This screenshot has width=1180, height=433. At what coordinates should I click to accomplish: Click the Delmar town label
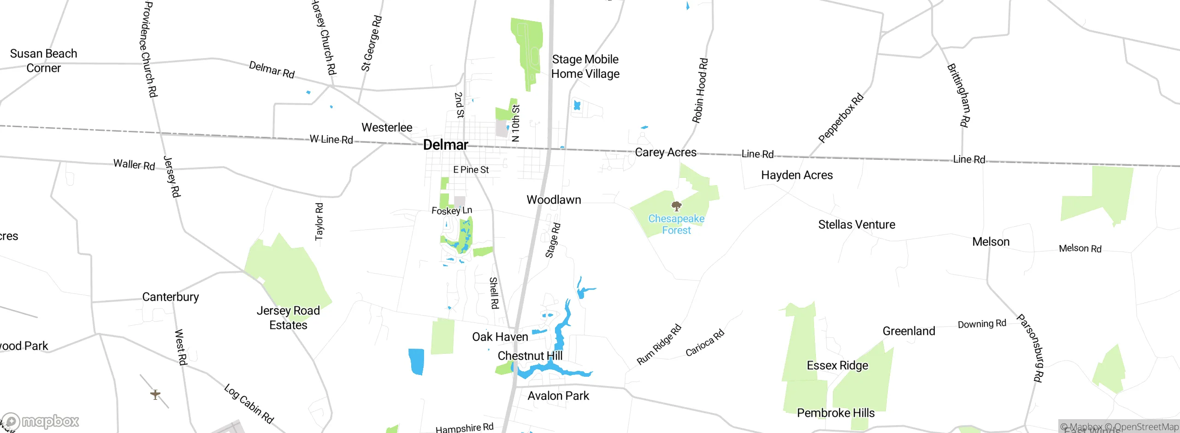pyautogui.click(x=445, y=145)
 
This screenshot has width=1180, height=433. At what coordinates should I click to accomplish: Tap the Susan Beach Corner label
pyautogui.click(x=44, y=61)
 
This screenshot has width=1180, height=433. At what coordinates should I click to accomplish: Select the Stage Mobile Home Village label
pyautogui.click(x=585, y=66)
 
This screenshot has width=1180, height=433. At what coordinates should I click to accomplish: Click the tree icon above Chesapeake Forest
pyautogui.click(x=676, y=206)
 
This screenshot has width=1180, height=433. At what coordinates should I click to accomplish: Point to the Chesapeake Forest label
pyautogui.click(x=676, y=224)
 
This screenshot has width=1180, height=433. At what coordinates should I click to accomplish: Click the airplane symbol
pyautogui.click(x=155, y=394)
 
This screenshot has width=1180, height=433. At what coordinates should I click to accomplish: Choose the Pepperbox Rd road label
pyautogui.click(x=840, y=118)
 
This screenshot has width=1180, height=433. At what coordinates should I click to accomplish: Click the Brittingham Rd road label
pyautogui.click(x=959, y=95)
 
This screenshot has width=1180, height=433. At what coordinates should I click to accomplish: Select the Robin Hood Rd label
pyautogui.click(x=700, y=90)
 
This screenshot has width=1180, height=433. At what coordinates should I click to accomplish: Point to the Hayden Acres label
pyautogui.click(x=796, y=175)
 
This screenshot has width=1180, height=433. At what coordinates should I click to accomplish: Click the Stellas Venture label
pyautogui.click(x=856, y=224)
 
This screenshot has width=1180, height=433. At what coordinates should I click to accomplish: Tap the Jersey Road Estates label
pyautogui.click(x=288, y=318)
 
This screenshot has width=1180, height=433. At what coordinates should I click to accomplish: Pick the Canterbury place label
pyautogui.click(x=171, y=297)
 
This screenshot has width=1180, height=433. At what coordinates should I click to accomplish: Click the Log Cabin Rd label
pyautogui.click(x=249, y=404)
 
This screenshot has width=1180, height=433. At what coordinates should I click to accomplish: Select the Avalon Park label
pyautogui.click(x=558, y=396)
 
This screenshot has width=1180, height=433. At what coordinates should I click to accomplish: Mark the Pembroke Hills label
pyautogui.click(x=836, y=413)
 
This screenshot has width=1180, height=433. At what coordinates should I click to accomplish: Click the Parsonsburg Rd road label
pyautogui.click(x=1030, y=348)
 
